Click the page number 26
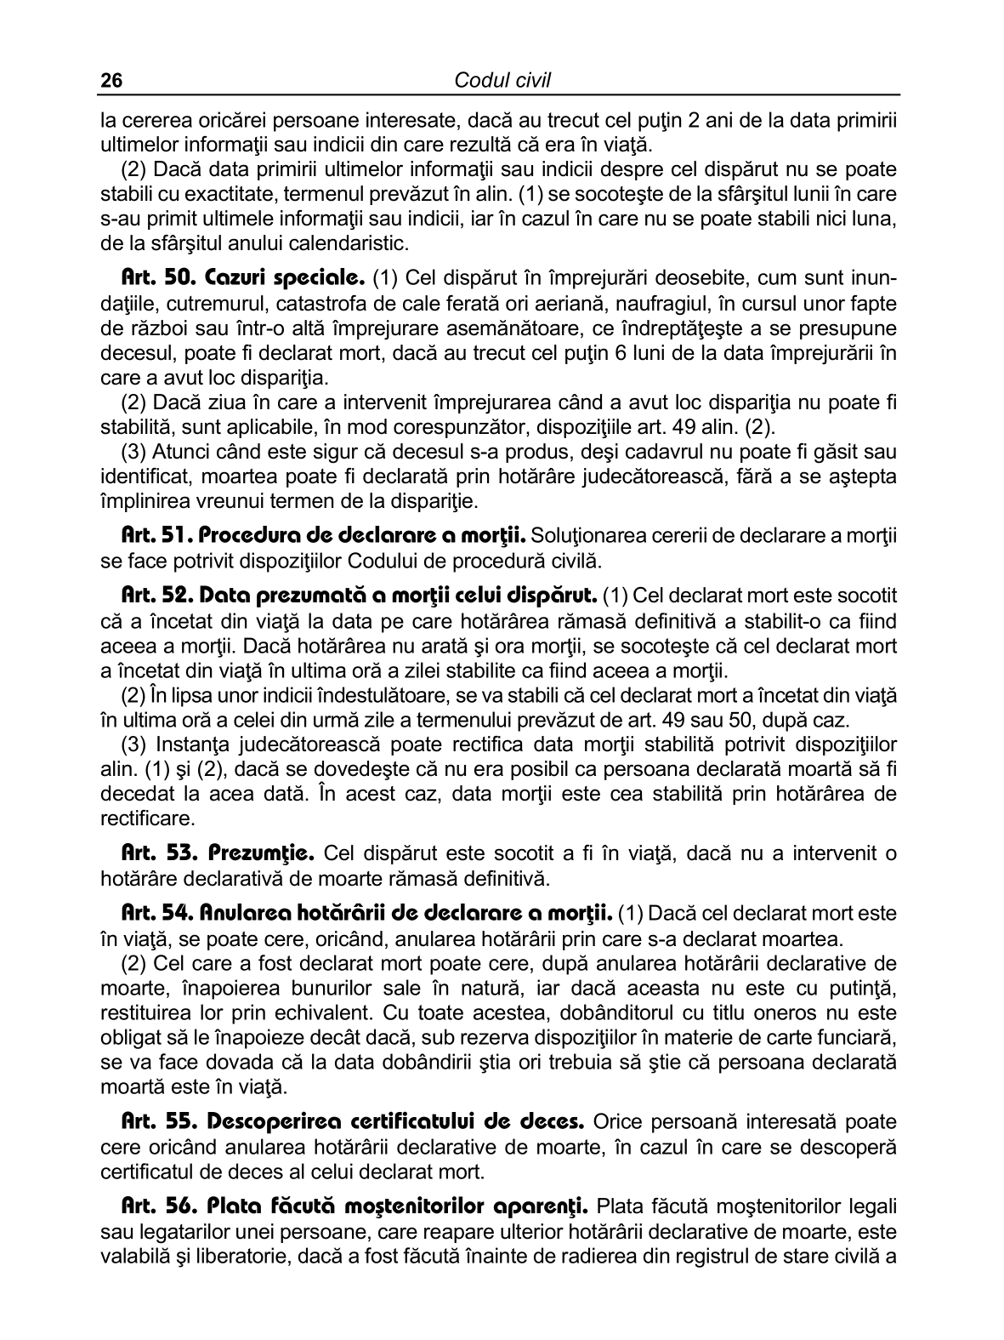pyautogui.click(x=111, y=81)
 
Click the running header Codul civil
pyautogui.click(x=502, y=81)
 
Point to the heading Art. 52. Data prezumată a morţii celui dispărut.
pyautogui.click(x=361, y=596)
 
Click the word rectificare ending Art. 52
pyautogui.click(x=147, y=819)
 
